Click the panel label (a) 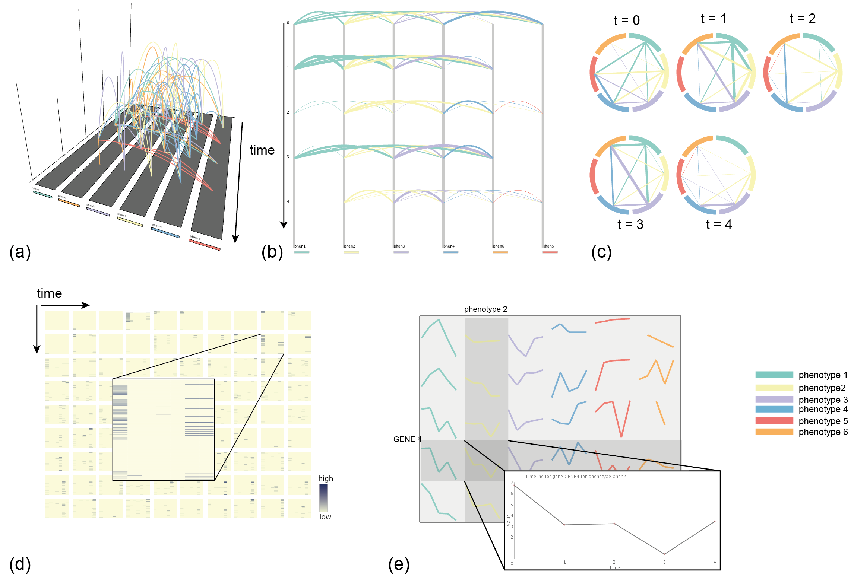[x=20, y=252]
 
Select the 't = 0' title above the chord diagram [x=627, y=20]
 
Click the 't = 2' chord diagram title [x=803, y=18]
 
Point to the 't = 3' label [x=630, y=224]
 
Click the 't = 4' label [x=719, y=224]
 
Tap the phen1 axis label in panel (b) [x=300, y=246]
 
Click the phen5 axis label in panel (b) [x=548, y=246]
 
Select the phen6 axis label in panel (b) [x=499, y=246]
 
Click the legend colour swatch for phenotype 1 [x=774, y=375]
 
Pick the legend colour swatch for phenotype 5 [x=774, y=421]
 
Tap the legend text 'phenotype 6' [x=823, y=432]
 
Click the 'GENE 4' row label [x=407, y=439]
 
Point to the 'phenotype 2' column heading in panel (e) [x=485, y=309]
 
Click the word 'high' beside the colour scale [x=326, y=478]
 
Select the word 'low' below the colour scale [x=325, y=517]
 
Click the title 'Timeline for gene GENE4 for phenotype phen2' [x=575, y=477]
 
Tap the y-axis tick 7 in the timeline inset [x=512, y=483]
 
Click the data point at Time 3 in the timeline [x=664, y=554]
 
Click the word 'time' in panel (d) [x=49, y=293]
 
